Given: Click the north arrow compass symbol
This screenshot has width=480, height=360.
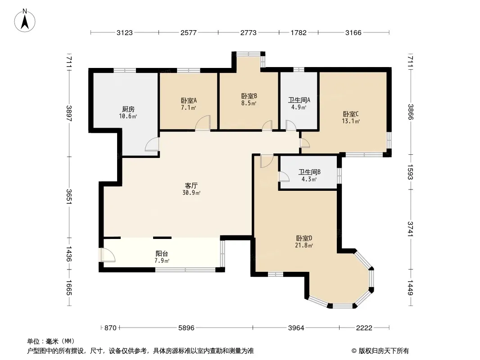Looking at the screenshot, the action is [25, 20].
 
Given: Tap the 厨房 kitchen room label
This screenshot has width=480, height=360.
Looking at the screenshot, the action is [128, 109].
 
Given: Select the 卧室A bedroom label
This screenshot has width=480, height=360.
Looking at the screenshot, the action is [189, 100].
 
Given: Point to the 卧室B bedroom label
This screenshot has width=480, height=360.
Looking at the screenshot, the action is [249, 96].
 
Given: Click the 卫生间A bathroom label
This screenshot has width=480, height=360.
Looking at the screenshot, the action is [299, 100].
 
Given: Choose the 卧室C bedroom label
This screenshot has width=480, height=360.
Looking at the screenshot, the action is [350, 114].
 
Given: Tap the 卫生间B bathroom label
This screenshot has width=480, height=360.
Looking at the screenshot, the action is [309, 172].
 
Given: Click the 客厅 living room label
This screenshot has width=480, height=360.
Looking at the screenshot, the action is [191, 186].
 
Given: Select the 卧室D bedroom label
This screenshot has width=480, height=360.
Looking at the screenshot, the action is [304, 238].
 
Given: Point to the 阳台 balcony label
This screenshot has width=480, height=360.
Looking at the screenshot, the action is [162, 253].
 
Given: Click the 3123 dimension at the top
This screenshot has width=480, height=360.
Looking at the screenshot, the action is [125, 32].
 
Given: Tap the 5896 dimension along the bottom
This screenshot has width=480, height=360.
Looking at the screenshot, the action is [186, 328].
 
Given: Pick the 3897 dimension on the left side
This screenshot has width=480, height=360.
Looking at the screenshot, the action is [69, 113].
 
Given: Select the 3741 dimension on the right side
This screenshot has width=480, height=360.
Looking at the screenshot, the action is [411, 229].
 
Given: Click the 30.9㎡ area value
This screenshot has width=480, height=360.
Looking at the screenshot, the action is [191, 193].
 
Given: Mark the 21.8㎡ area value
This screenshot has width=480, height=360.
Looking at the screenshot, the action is [304, 245].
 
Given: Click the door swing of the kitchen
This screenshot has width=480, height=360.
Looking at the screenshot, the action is [152, 144].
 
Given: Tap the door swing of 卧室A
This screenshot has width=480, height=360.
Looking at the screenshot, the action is [203, 123].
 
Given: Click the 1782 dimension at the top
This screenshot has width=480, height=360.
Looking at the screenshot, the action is [299, 32].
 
